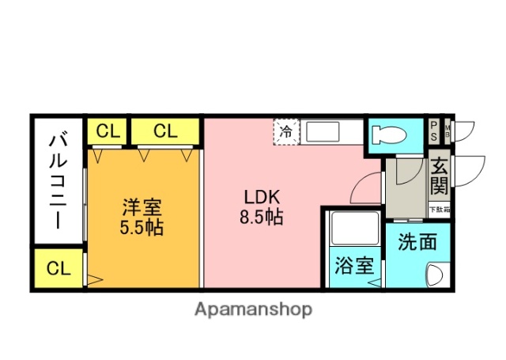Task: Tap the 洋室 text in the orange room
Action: [x=142, y=208]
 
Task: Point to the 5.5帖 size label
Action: [x=142, y=229]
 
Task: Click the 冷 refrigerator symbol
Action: [x=287, y=131]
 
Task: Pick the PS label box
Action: [x=434, y=131]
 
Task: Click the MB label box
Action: [x=447, y=131]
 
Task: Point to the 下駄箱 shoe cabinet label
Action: [x=439, y=210]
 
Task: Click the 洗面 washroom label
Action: [x=417, y=242]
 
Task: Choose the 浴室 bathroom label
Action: [x=353, y=266]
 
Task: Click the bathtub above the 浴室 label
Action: [x=353, y=229]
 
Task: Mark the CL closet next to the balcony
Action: [x=59, y=268]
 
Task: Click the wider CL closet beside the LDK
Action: [x=165, y=131]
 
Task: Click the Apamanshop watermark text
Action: [x=253, y=309]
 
